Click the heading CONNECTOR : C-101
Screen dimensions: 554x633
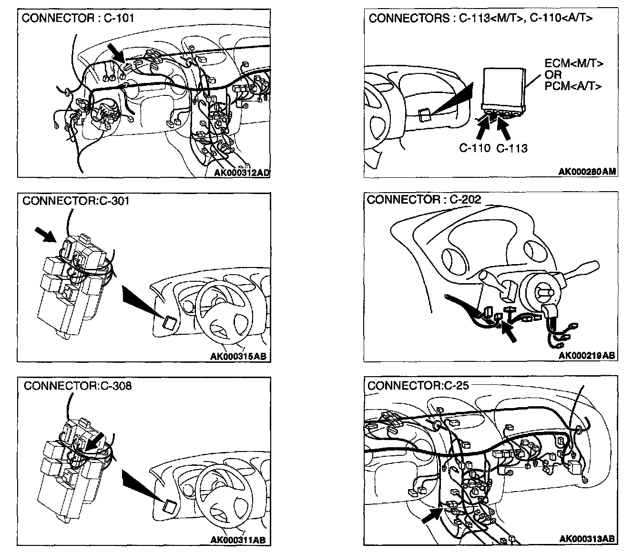[x=78, y=18]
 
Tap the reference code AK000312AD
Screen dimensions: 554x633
[x=242, y=173]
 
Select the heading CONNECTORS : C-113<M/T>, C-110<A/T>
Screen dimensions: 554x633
[x=480, y=18]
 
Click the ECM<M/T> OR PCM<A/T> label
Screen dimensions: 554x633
[x=574, y=74]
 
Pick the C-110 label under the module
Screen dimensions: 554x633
[x=475, y=148]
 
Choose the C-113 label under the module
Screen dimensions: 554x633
[x=512, y=148]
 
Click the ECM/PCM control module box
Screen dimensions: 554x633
[x=503, y=88]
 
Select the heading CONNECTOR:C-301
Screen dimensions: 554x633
[x=76, y=200]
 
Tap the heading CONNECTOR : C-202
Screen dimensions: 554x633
[x=424, y=199]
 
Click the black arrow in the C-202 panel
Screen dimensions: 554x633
[x=509, y=332]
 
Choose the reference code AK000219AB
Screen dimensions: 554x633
[x=586, y=355]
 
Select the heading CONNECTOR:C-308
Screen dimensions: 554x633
[x=78, y=385]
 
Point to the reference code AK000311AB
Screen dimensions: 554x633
[x=238, y=540]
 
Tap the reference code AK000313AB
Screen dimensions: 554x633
[x=586, y=539]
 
